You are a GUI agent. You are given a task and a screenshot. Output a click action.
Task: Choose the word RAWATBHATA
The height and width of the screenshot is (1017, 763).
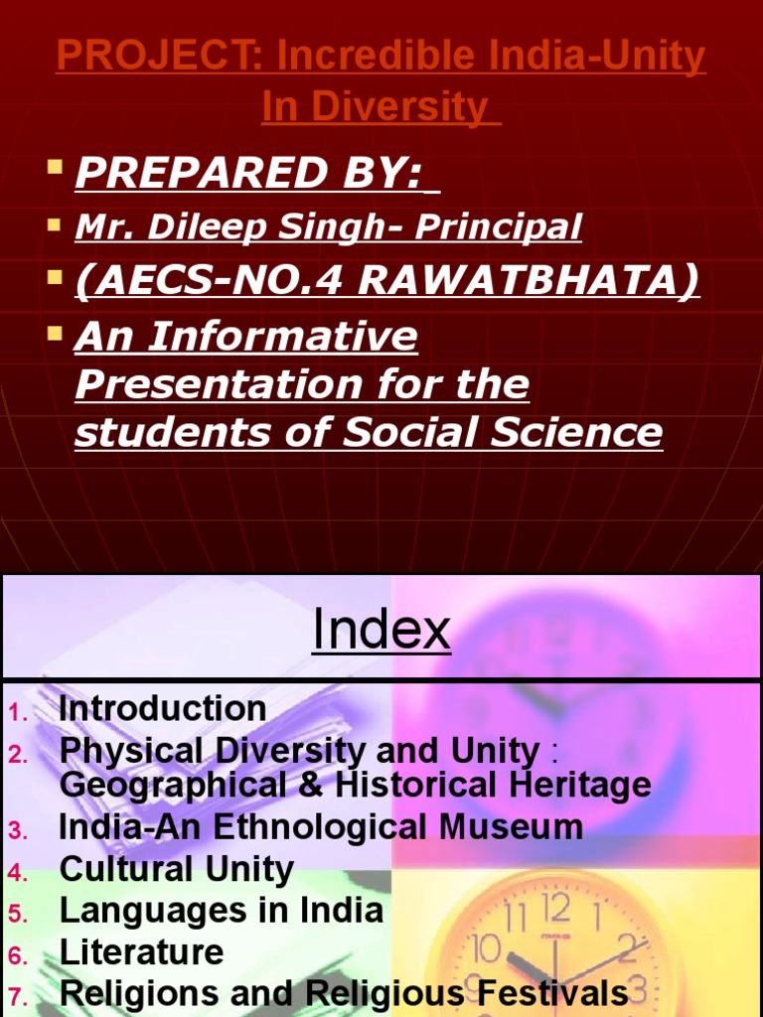coord(528,281)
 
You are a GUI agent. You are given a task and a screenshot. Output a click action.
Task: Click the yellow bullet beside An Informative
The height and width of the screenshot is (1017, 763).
coord(56,332)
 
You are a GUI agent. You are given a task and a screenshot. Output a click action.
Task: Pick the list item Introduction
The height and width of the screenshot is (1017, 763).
coord(163,709)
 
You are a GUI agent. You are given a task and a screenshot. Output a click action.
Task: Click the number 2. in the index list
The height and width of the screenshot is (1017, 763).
coord(18,755)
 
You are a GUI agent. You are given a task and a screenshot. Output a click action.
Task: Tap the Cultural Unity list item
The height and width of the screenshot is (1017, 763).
coord(177,870)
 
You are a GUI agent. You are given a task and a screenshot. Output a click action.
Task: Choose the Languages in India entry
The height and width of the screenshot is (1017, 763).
coord(221,911)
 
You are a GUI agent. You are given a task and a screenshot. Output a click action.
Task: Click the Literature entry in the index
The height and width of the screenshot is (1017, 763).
coord(141,952)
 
